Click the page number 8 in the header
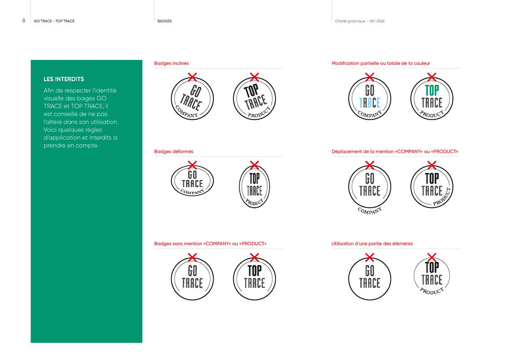point(23,21)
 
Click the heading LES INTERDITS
point(63,79)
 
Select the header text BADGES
point(164,21)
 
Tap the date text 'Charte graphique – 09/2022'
point(360,21)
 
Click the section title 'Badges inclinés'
point(171,63)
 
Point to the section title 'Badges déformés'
point(174,152)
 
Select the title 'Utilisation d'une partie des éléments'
point(372,244)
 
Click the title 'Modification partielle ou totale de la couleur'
point(381,63)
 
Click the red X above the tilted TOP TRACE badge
point(254,76)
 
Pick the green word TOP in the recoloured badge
point(432,90)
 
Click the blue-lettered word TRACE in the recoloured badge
point(369,103)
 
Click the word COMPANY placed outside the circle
point(369,210)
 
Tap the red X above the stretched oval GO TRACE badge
point(192,165)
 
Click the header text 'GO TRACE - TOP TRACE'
point(54,21)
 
